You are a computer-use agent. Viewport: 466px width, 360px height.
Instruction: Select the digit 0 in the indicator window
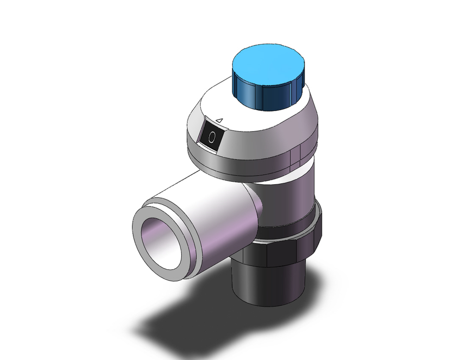(x=212, y=138)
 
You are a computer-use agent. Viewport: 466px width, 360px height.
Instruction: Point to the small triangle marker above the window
(x=220, y=120)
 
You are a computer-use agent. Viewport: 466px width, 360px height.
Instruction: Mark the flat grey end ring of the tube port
(x=140, y=252)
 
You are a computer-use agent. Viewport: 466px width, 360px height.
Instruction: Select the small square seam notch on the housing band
(x=295, y=156)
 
